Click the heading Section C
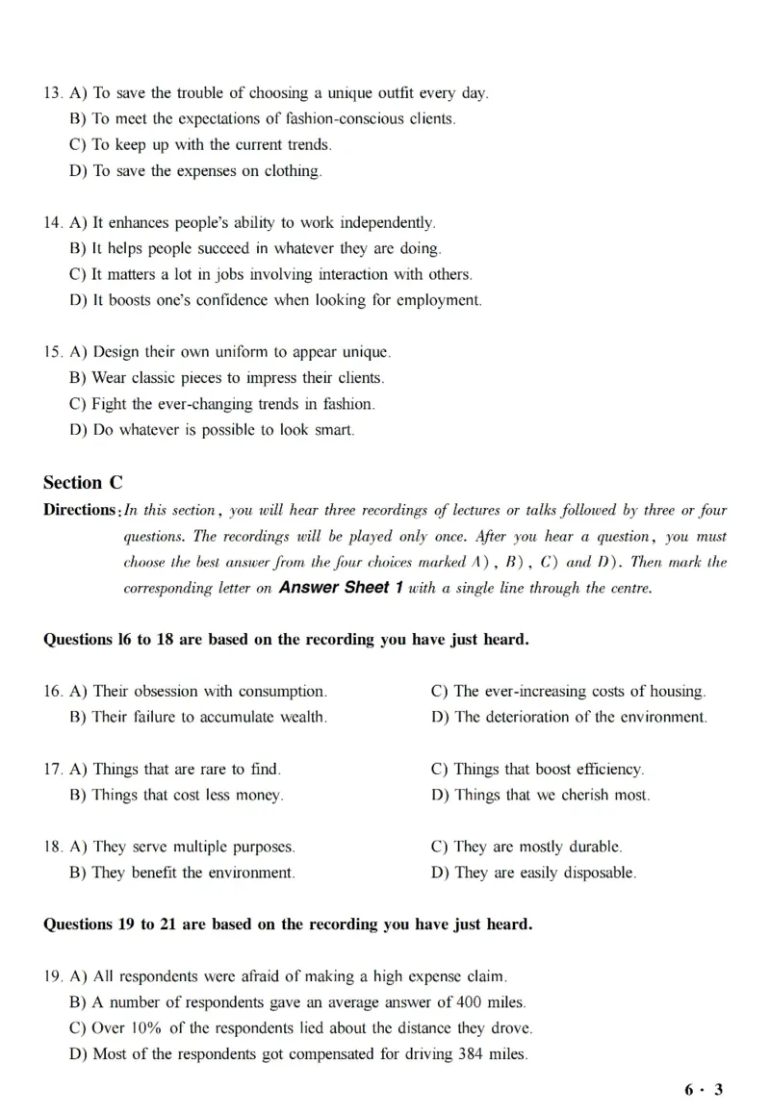click(83, 483)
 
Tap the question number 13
click(53, 93)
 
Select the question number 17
click(53, 770)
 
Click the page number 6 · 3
click(704, 1089)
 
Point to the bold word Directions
click(79, 510)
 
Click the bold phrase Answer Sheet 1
click(334, 588)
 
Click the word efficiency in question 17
click(603, 770)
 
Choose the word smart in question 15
click(333, 430)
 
